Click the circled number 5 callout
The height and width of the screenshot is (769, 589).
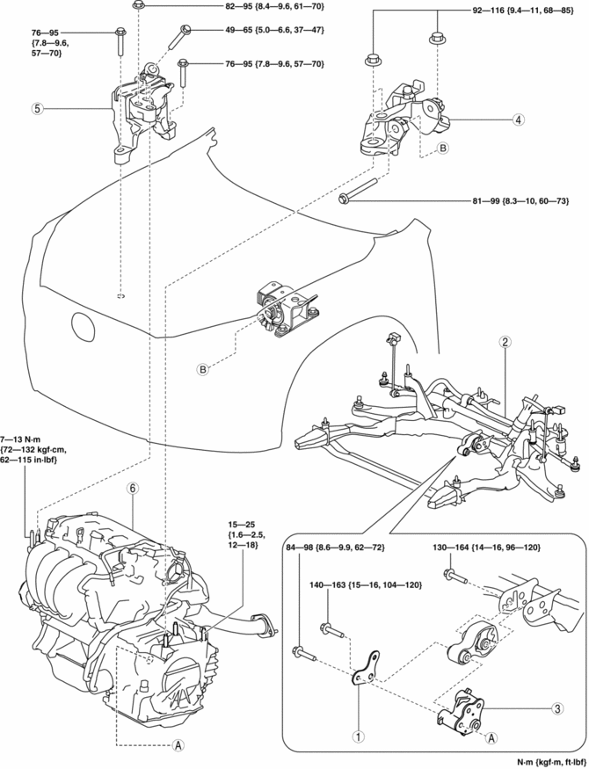36,109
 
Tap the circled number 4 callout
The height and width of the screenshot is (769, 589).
520,119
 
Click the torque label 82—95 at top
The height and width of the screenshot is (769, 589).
249,6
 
